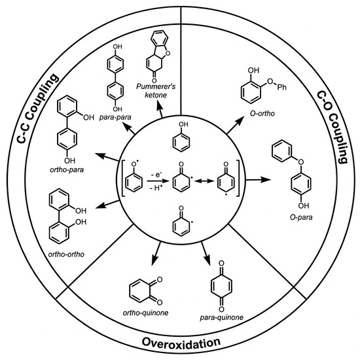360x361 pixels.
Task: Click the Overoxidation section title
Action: tap(181, 342)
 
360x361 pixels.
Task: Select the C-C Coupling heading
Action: tap(38, 108)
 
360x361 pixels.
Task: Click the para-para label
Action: tap(115, 117)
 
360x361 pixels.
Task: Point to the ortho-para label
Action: tap(67, 170)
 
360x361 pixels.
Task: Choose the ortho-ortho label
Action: tap(66, 254)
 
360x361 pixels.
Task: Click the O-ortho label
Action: tap(262, 113)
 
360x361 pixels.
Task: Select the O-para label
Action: tap(301, 217)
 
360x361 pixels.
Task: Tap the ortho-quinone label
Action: tap(145, 313)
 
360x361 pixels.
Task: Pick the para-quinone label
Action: tap(221, 317)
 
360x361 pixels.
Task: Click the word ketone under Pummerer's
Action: tap(156, 95)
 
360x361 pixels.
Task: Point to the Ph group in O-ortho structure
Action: tap(281, 87)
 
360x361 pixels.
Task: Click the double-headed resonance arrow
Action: tap(204, 181)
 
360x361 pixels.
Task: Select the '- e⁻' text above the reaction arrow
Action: tap(156, 175)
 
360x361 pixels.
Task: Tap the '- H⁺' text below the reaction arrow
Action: tap(156, 188)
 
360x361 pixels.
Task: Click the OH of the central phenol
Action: tap(183, 124)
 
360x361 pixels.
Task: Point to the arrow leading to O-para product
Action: tap(258, 179)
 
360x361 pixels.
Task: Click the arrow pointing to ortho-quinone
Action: tap(156, 254)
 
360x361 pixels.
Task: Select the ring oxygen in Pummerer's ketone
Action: tap(168, 54)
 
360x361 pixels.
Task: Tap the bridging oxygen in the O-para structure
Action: tap(301, 162)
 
